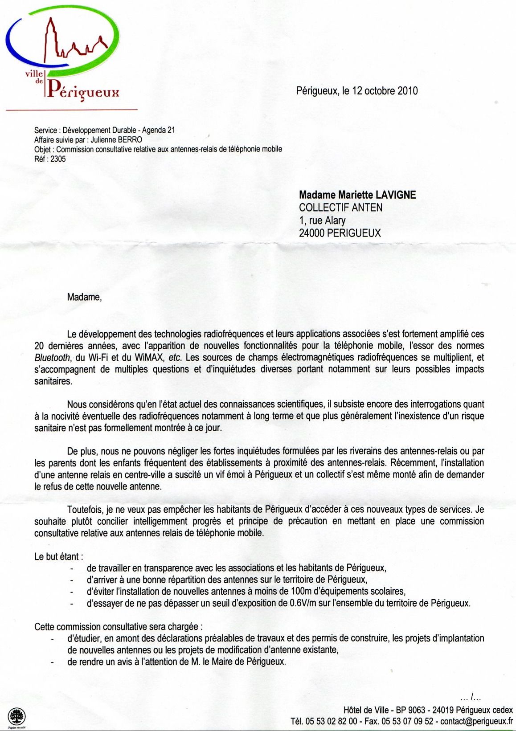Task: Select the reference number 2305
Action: point(58,159)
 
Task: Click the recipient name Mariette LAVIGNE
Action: point(377,195)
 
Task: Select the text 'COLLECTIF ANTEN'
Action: point(340,207)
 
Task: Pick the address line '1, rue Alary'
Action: point(322,220)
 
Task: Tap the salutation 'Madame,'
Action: point(84,297)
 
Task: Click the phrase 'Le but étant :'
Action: point(58,556)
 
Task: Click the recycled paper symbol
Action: point(17,717)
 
